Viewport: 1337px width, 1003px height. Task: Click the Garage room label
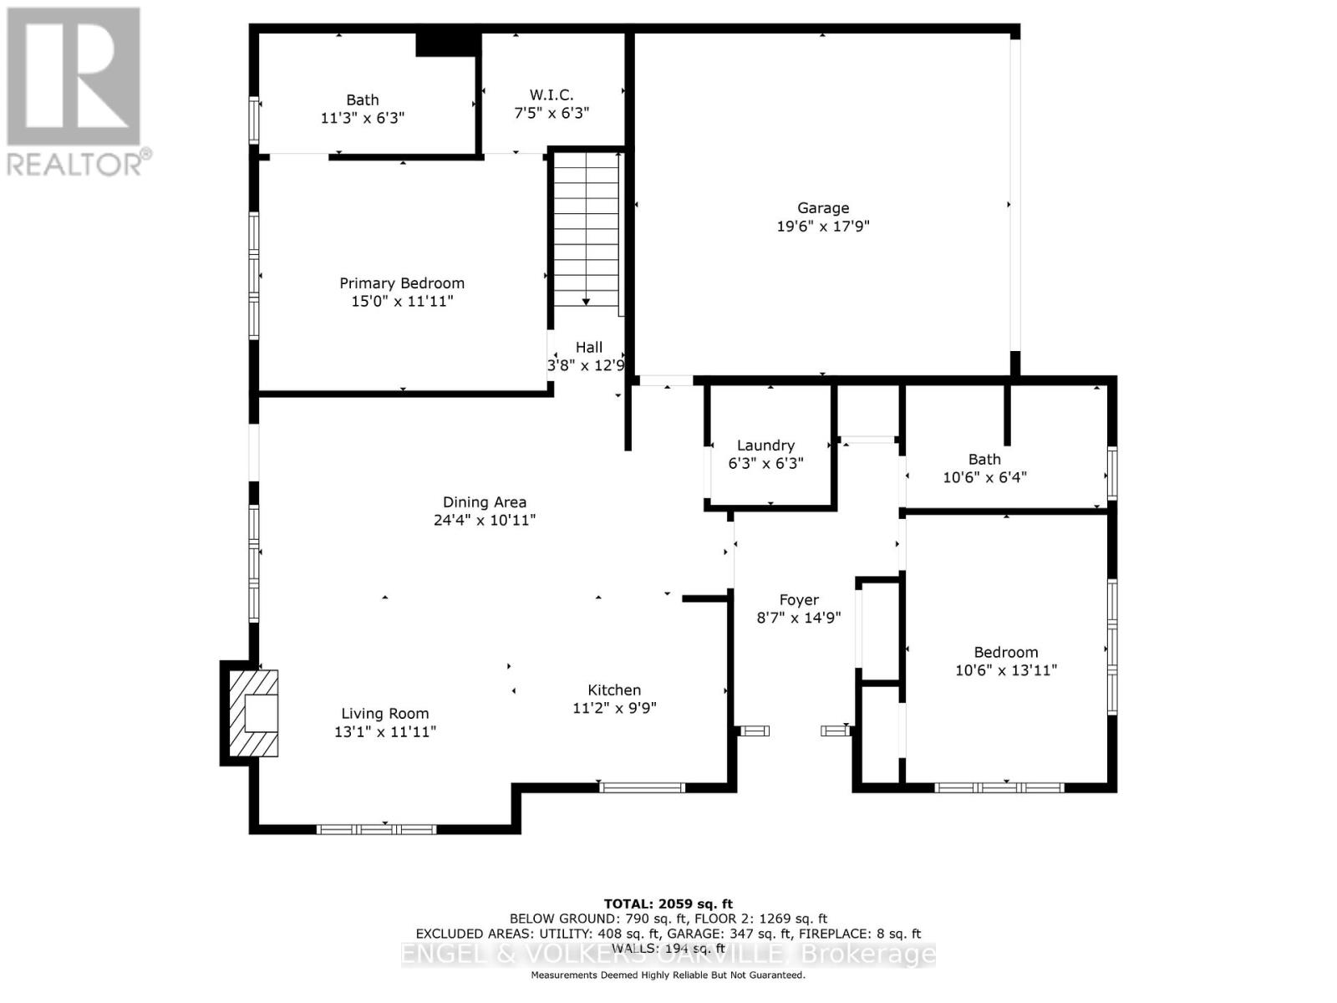(822, 208)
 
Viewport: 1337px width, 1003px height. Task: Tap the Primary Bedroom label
(401, 283)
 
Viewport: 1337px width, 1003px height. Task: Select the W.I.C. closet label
(551, 95)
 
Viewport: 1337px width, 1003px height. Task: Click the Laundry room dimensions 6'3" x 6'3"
(765, 463)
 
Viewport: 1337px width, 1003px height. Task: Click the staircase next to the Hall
(586, 226)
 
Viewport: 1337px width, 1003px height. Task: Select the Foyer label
(798, 600)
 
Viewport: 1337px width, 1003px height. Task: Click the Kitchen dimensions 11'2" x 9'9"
(614, 708)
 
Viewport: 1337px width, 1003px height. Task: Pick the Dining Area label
(484, 502)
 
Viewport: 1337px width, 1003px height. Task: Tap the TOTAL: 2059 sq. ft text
(668, 904)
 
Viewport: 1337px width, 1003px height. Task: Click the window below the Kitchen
(642, 787)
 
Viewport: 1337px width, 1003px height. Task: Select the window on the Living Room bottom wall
(376, 829)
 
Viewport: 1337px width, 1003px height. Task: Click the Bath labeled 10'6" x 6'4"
(984, 460)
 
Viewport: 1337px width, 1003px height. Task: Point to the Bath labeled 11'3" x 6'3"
(362, 100)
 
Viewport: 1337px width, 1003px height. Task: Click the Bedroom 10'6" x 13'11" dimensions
(1006, 670)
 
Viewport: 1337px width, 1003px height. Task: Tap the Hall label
(588, 347)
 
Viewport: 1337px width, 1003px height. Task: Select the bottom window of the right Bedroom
(999, 787)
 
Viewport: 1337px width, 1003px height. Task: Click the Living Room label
(384, 714)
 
